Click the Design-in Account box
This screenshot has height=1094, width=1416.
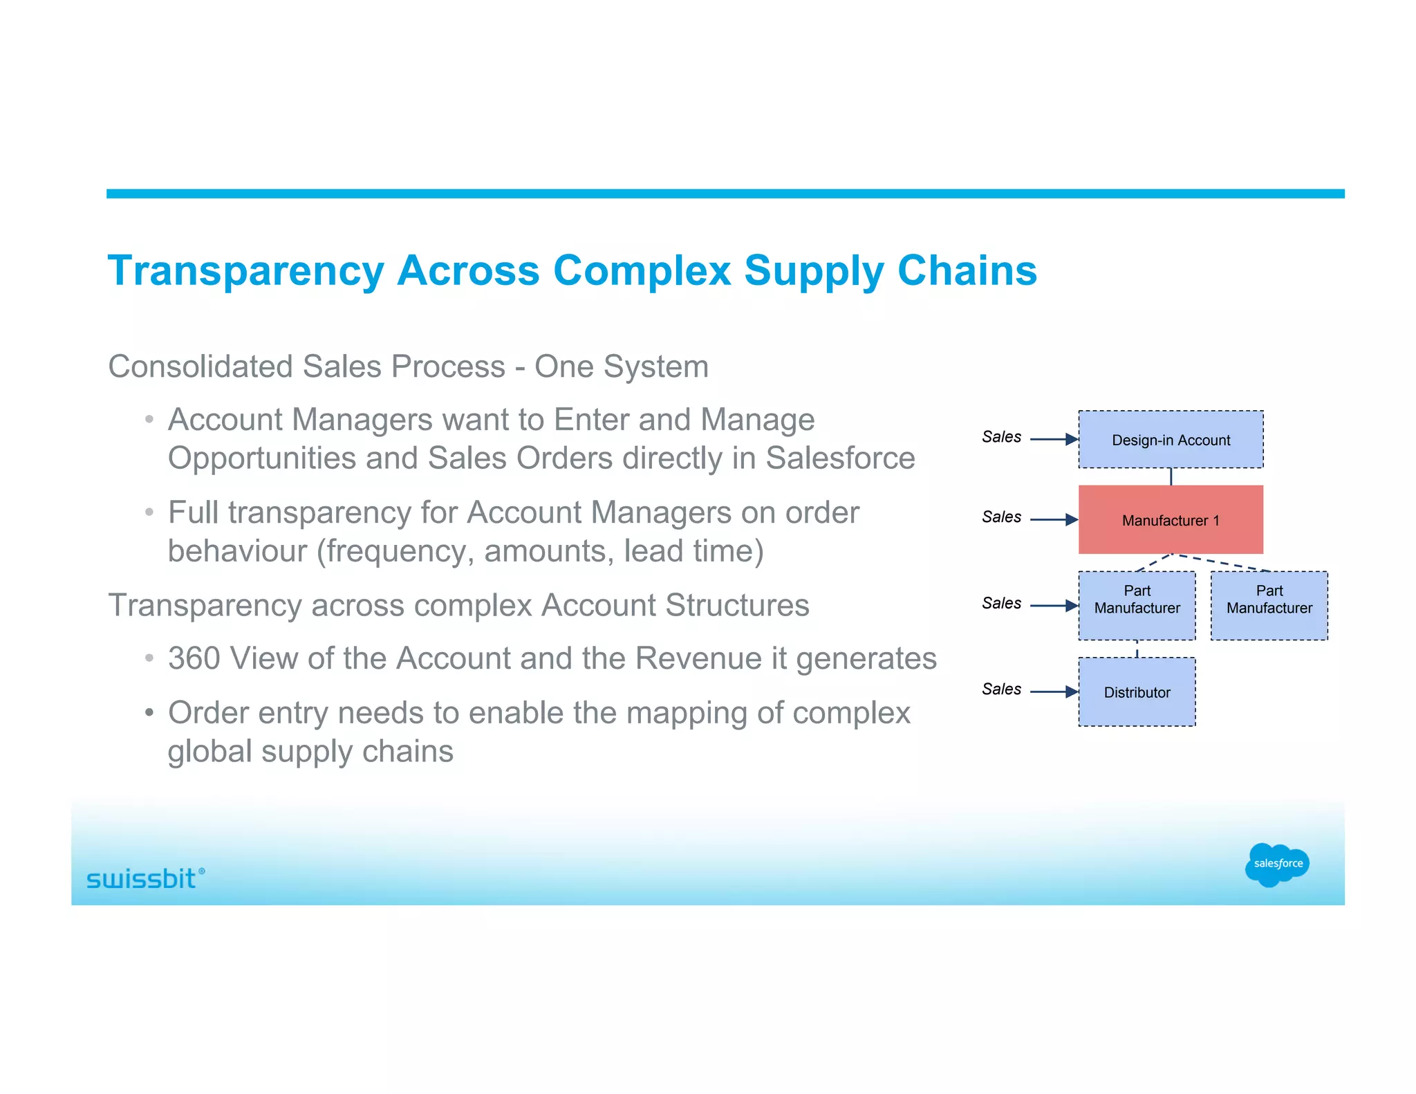pos(1170,440)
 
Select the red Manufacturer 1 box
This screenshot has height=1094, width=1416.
pos(1170,520)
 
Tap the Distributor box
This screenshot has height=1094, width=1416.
pos(1136,692)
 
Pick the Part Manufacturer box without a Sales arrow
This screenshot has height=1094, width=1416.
pos(1269,605)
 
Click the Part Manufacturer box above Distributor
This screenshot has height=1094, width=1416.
pos(1136,605)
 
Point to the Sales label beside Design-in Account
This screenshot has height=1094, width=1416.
pos(1000,437)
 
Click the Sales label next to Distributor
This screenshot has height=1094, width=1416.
pos(1000,689)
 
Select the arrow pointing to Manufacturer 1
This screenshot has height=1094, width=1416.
pos(1054,519)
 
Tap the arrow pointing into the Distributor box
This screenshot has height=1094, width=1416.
pos(1054,692)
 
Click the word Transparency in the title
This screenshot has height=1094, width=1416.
pos(245,271)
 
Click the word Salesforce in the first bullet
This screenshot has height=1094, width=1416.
pos(839,458)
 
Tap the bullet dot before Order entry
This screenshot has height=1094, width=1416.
pos(149,713)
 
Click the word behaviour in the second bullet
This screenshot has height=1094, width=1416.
pos(237,551)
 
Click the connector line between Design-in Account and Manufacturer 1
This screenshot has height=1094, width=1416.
pos(1170,476)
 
